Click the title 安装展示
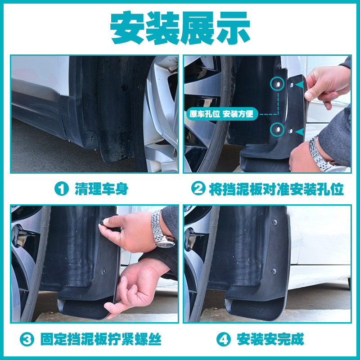pos(180,27)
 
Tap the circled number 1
pos(61,189)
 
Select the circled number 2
pos(198,189)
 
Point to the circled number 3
pos(27,339)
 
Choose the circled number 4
pos(224,339)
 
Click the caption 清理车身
pos(101,189)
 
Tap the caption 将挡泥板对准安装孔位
pos(276,189)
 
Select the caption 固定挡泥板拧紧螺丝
pos(101,339)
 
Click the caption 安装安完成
pos(270,339)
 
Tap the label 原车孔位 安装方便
pos(222,114)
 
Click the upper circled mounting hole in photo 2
pos(277,84)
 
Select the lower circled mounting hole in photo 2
pos(277,130)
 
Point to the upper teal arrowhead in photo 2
pos(300,85)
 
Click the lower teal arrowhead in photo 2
pos(300,132)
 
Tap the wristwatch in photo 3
pos(161,229)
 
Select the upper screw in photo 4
pos(274,222)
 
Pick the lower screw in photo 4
pos(273,271)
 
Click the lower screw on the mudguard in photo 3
pos(104,271)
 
